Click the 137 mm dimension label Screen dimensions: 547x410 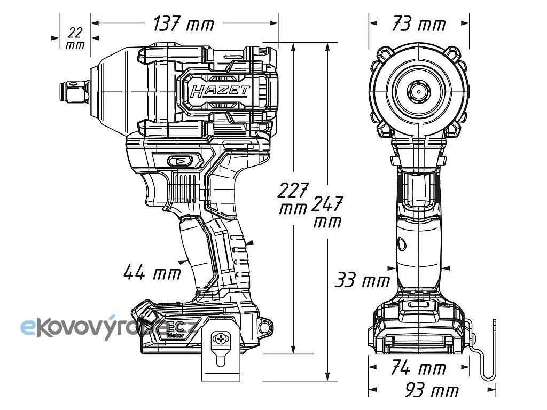(x=184, y=25)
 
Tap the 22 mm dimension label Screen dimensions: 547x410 (x=75, y=38)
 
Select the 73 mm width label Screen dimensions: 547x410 (x=419, y=25)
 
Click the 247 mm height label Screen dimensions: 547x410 (x=327, y=211)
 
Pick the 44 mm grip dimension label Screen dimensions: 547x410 (x=152, y=272)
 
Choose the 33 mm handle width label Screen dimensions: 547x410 (x=362, y=280)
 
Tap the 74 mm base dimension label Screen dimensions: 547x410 (x=419, y=368)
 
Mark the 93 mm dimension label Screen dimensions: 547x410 (x=432, y=390)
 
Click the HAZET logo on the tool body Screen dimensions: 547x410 (x=220, y=91)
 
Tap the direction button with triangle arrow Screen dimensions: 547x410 (x=179, y=161)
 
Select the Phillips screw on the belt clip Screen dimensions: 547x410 (x=221, y=338)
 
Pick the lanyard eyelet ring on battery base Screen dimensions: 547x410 (x=265, y=327)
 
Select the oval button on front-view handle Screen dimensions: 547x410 (x=402, y=243)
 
